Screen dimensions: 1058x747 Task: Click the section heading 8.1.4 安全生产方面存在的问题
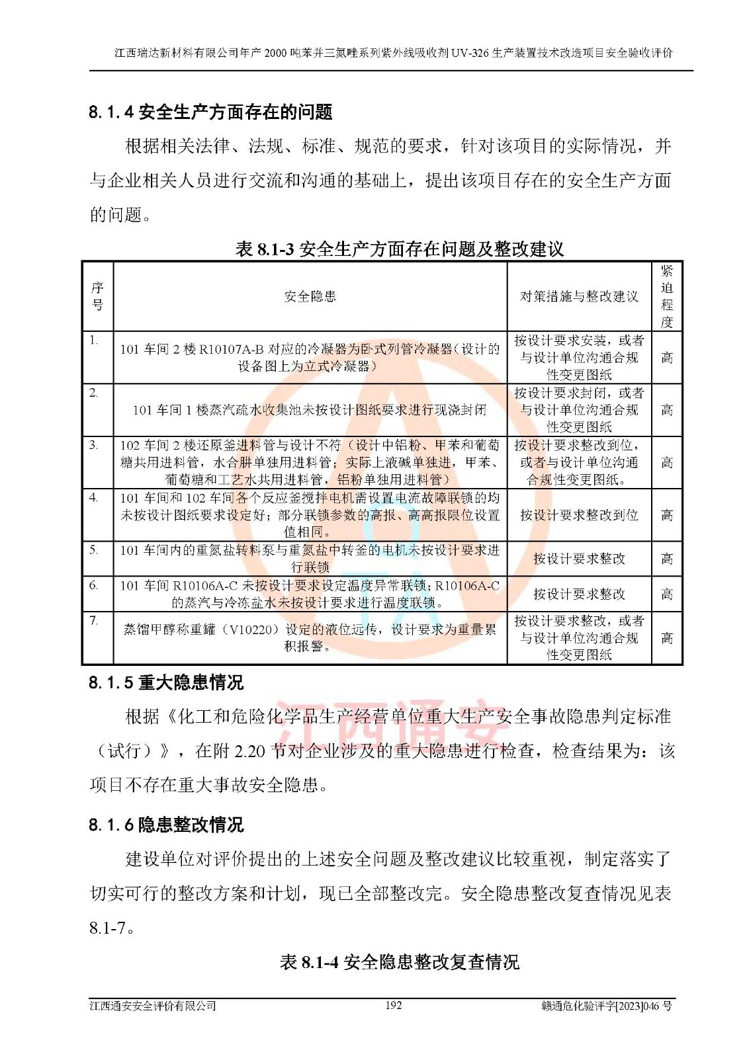[210, 112]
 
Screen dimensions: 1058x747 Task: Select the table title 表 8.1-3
[400, 249]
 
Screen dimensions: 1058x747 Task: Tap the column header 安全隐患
[310, 296]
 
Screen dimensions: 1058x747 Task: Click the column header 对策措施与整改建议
[579, 296]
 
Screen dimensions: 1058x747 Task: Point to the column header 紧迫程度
[666, 296]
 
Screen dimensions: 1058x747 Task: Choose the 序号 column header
[97, 296]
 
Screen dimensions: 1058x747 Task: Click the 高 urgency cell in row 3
[666, 462]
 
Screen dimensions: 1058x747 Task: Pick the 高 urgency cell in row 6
[666, 594]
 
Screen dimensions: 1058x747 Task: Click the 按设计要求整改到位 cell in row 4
[579, 514]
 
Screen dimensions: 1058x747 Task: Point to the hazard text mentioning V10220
[310, 637]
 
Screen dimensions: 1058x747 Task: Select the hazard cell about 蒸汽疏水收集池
[310, 410]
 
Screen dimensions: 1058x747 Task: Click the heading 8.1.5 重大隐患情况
[166, 682]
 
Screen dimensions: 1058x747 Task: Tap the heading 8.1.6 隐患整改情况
[166, 825]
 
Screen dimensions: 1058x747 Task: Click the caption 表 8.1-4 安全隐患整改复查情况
[400, 961]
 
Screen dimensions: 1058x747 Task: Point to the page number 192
[393, 1005]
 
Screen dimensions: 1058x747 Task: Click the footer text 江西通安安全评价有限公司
[153, 1006]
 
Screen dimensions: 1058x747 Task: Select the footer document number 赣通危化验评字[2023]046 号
[606, 1006]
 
